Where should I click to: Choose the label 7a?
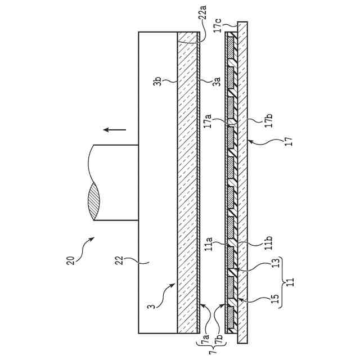pos(207,339)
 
